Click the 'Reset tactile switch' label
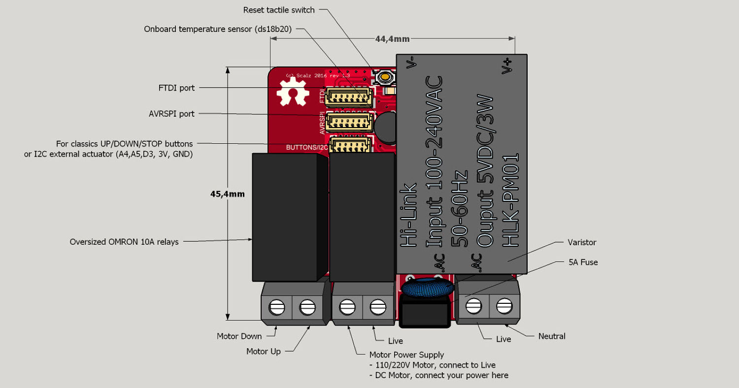(x=279, y=10)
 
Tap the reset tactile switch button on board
(x=384, y=77)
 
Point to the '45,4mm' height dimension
(x=227, y=194)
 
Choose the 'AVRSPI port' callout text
(x=171, y=114)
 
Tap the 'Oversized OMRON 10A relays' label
(x=124, y=242)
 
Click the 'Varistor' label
(x=581, y=242)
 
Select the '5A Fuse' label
(x=583, y=262)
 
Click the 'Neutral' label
(x=551, y=336)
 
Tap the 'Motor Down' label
(x=239, y=336)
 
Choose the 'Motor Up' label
(x=264, y=351)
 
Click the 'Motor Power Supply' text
(x=406, y=355)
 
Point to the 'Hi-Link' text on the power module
(x=409, y=215)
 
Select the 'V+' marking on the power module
(x=507, y=66)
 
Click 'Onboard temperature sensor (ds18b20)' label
(x=218, y=29)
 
